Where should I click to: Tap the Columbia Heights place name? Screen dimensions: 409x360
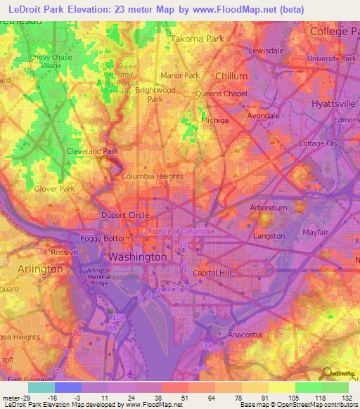click(152, 176)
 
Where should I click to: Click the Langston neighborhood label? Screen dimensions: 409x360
click(269, 236)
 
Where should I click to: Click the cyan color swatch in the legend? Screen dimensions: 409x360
click(41, 387)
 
